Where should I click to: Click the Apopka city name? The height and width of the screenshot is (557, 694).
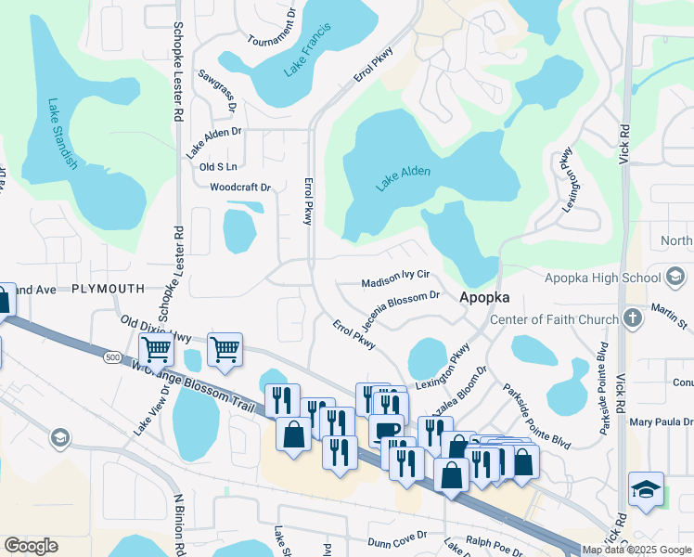(x=483, y=301)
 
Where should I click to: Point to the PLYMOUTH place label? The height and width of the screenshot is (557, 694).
(x=108, y=290)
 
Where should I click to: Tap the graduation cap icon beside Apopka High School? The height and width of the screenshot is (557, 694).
(x=675, y=277)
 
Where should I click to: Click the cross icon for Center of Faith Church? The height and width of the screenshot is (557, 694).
(x=633, y=319)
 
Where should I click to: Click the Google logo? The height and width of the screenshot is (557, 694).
(x=31, y=546)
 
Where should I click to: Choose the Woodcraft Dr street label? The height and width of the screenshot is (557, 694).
(x=239, y=188)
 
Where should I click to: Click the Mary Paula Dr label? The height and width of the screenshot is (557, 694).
(x=661, y=421)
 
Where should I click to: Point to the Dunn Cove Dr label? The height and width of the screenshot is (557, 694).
(x=396, y=535)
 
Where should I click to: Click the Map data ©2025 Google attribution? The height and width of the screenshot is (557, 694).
(x=636, y=550)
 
